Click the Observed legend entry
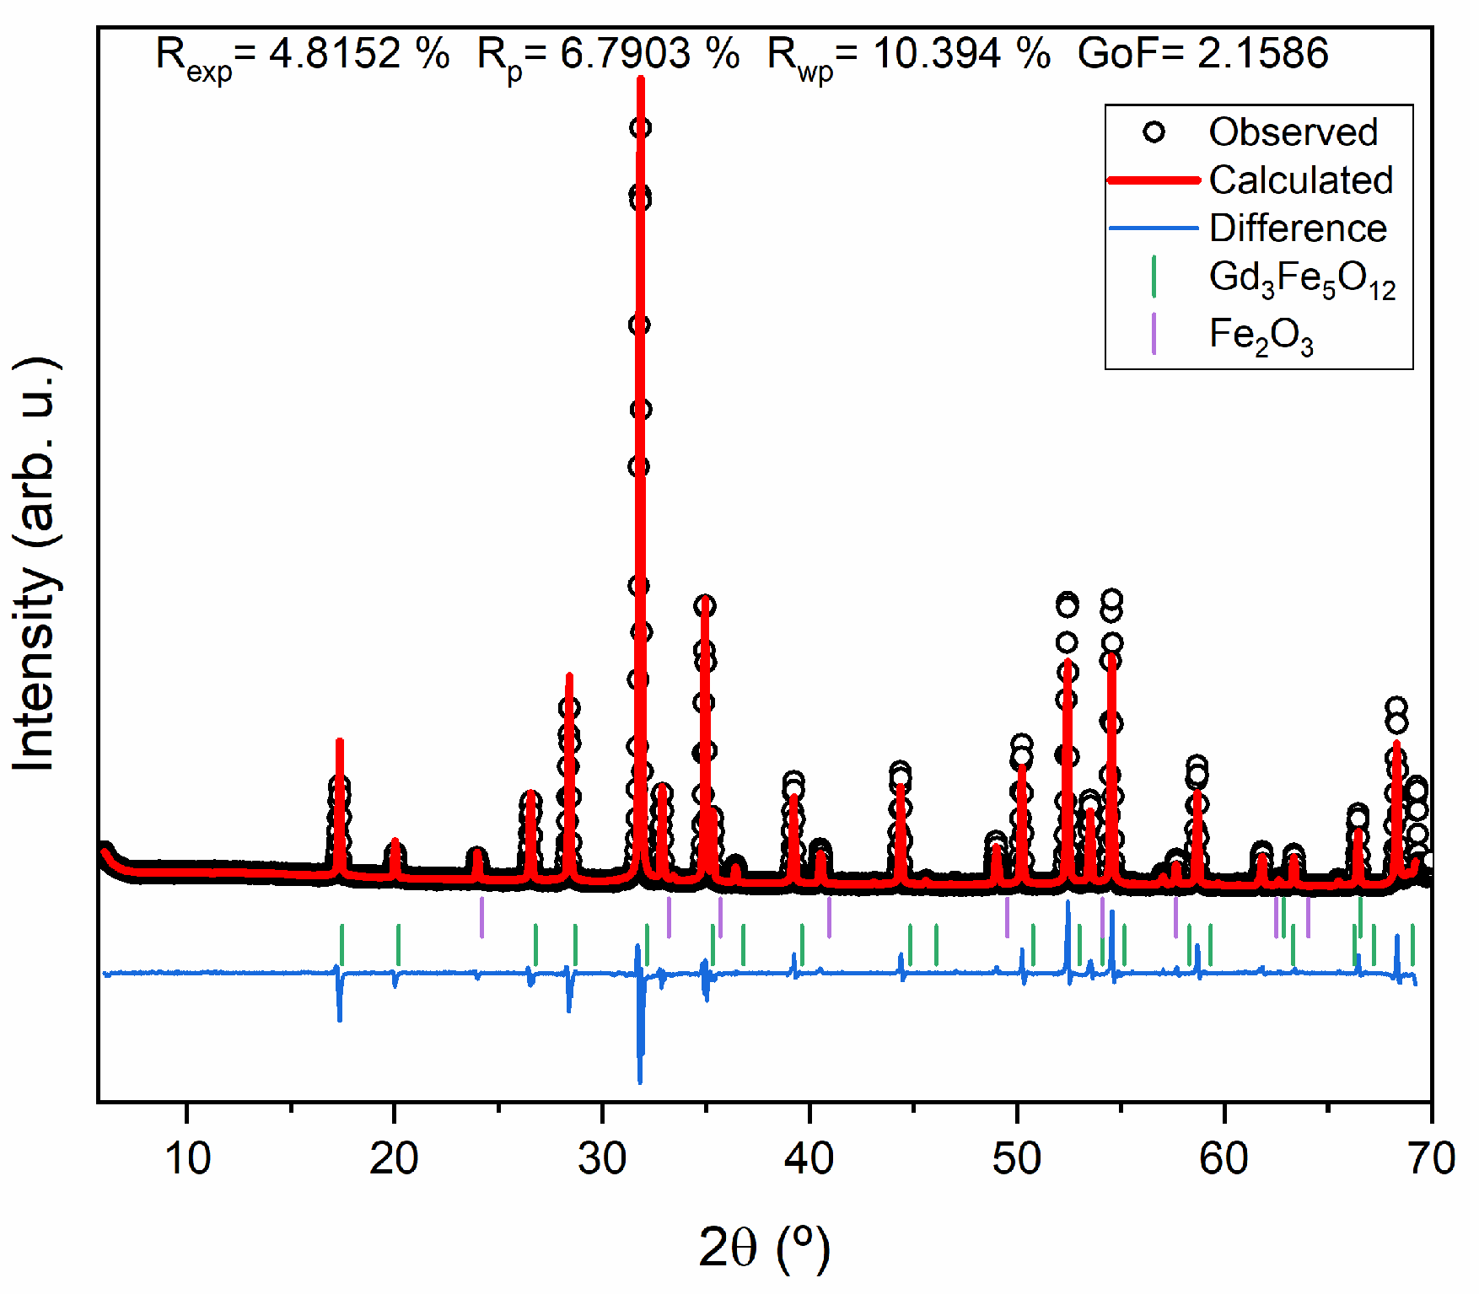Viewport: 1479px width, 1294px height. (1292, 132)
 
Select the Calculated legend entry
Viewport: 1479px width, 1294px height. (1299, 180)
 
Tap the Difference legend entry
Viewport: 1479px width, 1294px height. (1297, 228)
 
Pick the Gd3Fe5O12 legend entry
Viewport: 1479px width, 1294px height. (1301, 279)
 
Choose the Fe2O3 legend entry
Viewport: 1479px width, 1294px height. (1260, 336)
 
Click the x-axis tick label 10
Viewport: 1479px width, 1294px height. (187, 1158)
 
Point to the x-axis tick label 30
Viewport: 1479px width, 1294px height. (602, 1158)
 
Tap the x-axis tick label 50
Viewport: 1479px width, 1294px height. (1016, 1158)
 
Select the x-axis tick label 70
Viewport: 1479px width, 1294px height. (1431, 1158)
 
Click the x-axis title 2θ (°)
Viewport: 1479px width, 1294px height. (764, 1248)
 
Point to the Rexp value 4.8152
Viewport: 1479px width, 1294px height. (335, 54)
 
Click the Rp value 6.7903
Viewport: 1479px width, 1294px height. (627, 54)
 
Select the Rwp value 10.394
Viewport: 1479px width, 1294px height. (938, 54)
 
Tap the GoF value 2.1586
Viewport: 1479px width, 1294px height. (1262, 54)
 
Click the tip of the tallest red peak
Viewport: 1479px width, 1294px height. (641, 78)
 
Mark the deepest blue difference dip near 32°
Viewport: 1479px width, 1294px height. (640, 1081)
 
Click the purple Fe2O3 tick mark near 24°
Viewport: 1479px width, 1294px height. (481, 917)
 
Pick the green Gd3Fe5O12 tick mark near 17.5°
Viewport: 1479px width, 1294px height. (342, 944)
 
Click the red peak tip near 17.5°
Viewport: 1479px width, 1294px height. (340, 741)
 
